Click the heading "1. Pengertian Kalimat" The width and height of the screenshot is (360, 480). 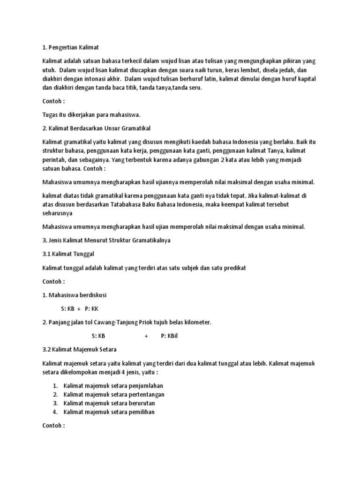pos(70,47)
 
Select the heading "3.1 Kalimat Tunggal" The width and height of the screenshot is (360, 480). pos(68,254)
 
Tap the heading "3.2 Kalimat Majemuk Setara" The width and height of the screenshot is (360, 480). pos(79,349)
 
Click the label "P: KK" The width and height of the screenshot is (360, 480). pos(92,308)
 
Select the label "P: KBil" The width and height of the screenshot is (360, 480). pos(170,336)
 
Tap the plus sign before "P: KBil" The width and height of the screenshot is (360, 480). pos(146,336)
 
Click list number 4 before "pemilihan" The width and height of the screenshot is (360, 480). pos(55,412)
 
